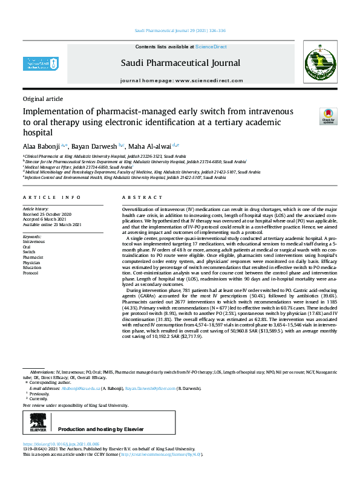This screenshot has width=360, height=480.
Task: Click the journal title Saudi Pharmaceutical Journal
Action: coord(180,63)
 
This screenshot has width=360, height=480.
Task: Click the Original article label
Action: coord(42,99)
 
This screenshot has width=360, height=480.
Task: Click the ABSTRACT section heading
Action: coord(134,198)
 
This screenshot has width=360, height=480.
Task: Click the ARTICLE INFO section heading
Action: coord(51,198)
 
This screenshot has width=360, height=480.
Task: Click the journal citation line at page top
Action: coord(180,30)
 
